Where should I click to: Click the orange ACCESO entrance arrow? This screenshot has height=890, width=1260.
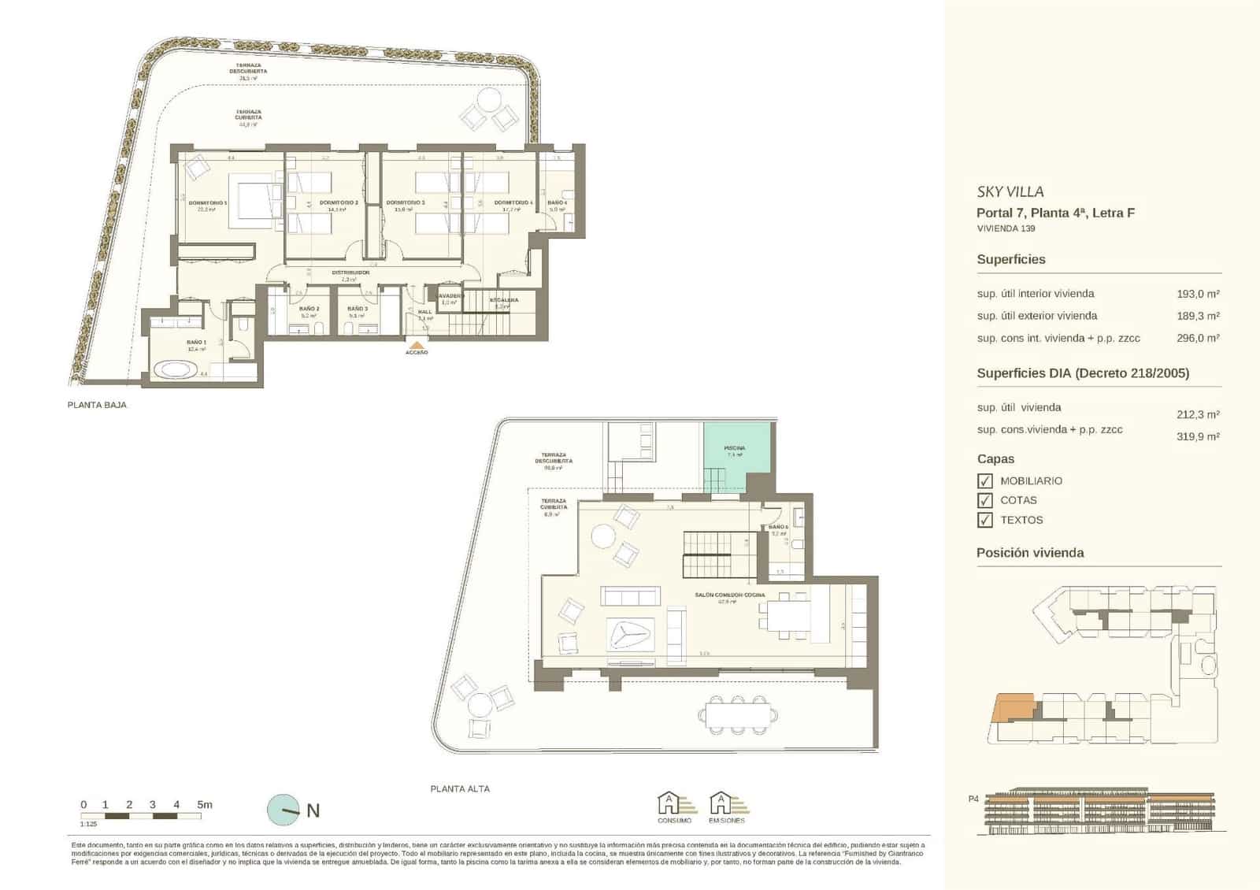(417, 344)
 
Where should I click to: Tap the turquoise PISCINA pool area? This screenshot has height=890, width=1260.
(736, 453)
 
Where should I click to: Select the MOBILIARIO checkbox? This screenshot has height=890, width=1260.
(984, 481)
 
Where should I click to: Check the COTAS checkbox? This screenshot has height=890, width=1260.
(984, 501)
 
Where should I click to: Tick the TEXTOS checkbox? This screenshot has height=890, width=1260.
(984, 521)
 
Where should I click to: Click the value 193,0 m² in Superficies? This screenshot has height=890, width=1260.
(1198, 294)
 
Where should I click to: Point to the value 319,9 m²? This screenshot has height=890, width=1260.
(1198, 436)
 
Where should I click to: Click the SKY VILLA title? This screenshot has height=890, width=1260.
(1010, 191)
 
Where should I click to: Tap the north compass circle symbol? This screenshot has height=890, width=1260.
(283, 810)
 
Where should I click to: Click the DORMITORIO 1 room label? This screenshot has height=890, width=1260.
(208, 203)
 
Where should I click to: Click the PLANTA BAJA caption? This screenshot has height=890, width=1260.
(98, 405)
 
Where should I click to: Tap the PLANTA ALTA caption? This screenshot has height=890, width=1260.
(460, 788)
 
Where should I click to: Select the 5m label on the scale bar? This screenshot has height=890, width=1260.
(205, 805)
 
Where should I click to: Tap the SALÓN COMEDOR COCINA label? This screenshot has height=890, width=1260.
(729, 595)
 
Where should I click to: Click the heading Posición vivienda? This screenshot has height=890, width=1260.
(1030, 553)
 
